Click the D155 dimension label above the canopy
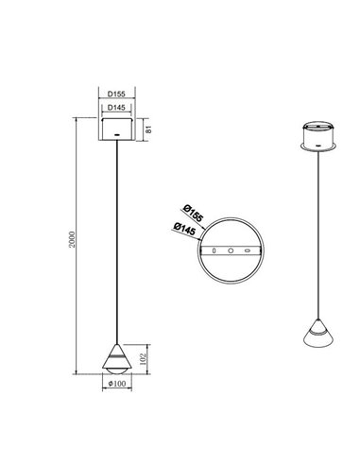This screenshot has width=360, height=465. (116, 95)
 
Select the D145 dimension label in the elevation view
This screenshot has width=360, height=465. (116, 109)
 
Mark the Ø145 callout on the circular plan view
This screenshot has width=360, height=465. (185, 230)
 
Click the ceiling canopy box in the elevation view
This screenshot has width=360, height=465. (116, 129)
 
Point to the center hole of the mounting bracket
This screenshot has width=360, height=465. (230, 250)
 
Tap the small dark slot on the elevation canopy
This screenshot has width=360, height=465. (116, 137)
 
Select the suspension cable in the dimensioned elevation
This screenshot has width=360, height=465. (116, 236)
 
